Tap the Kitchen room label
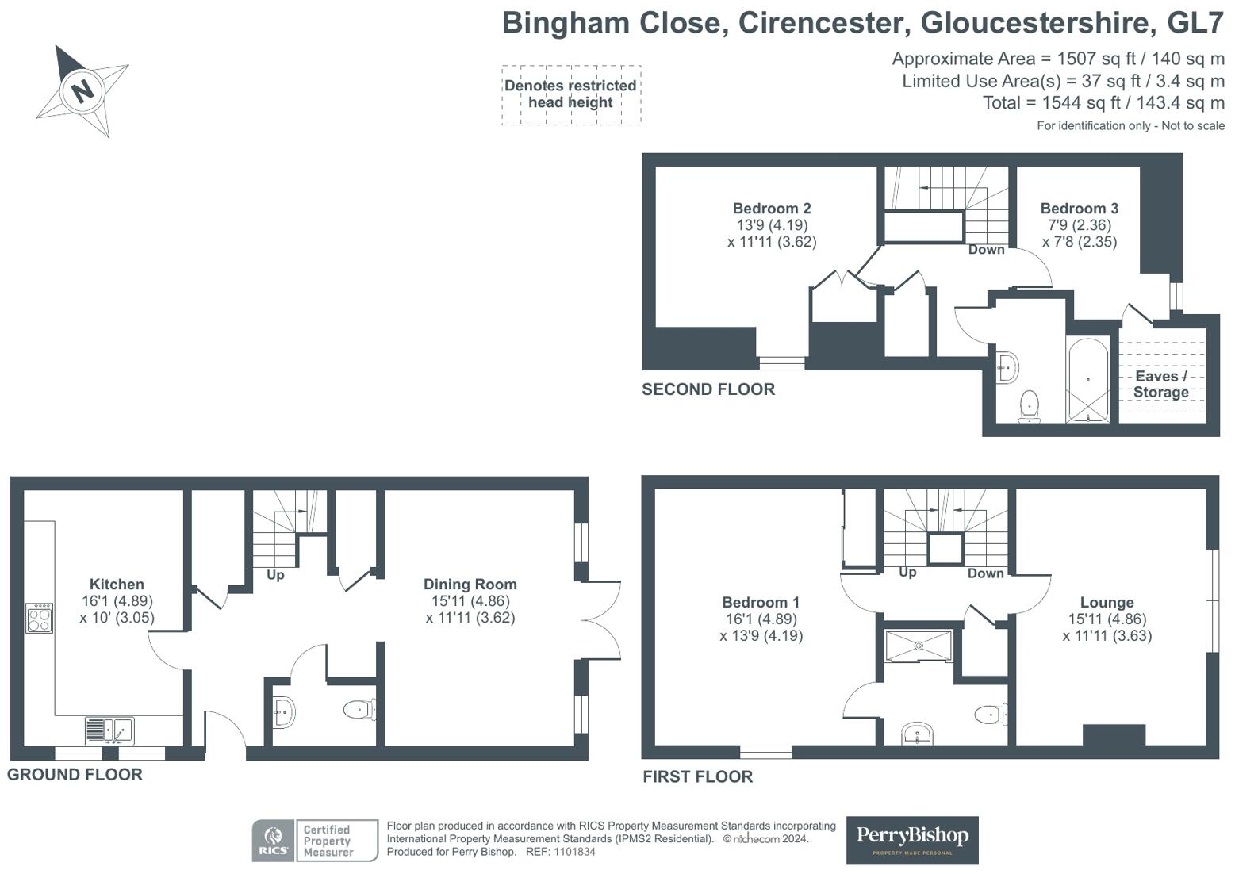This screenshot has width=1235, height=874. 117,584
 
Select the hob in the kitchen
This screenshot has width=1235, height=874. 39,619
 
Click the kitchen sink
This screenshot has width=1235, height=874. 109,730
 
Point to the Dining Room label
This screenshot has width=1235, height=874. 470,584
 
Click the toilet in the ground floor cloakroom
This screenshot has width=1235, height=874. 359,709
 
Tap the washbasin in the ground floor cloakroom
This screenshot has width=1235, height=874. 284,712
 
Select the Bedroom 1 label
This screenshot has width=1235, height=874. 761,602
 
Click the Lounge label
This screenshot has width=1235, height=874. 1107,602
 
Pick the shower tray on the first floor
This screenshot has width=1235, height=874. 919,646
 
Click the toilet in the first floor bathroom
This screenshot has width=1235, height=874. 991,715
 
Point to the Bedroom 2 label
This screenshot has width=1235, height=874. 771,209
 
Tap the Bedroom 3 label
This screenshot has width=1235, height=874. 1079,209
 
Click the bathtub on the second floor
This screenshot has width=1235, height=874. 1088,381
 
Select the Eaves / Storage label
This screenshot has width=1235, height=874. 1160,385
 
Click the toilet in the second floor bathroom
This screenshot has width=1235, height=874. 1030,406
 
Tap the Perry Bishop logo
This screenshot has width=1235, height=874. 912,840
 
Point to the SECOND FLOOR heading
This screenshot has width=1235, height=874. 708,389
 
